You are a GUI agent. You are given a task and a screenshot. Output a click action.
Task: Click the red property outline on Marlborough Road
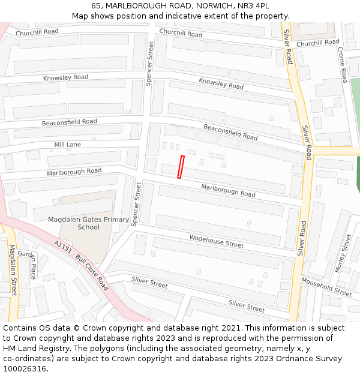(181, 167)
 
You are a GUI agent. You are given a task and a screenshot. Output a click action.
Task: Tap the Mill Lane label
(67, 145)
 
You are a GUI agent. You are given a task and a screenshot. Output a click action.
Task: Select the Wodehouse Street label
(216, 241)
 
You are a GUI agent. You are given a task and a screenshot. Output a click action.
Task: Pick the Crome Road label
(343, 65)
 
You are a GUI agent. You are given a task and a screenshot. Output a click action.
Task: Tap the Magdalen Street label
(13, 270)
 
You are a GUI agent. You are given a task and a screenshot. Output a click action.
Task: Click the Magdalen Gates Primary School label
(88, 223)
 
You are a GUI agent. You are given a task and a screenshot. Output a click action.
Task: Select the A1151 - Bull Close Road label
(80, 266)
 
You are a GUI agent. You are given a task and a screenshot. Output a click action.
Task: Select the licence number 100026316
(24, 368)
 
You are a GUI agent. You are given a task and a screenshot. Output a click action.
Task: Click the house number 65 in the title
(97, 5)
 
